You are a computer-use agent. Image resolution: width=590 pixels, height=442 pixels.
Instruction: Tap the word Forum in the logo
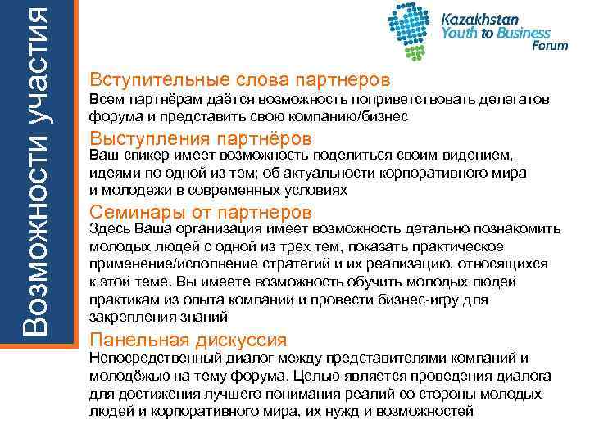[550, 47]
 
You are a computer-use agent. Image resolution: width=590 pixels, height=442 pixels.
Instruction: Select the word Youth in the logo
[460, 34]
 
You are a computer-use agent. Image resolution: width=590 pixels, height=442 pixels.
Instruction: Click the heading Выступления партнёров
[201, 137]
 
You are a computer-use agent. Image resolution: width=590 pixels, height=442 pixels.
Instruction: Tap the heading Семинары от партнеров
[202, 212]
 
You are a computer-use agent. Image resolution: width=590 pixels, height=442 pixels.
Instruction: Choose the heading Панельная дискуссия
[188, 339]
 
